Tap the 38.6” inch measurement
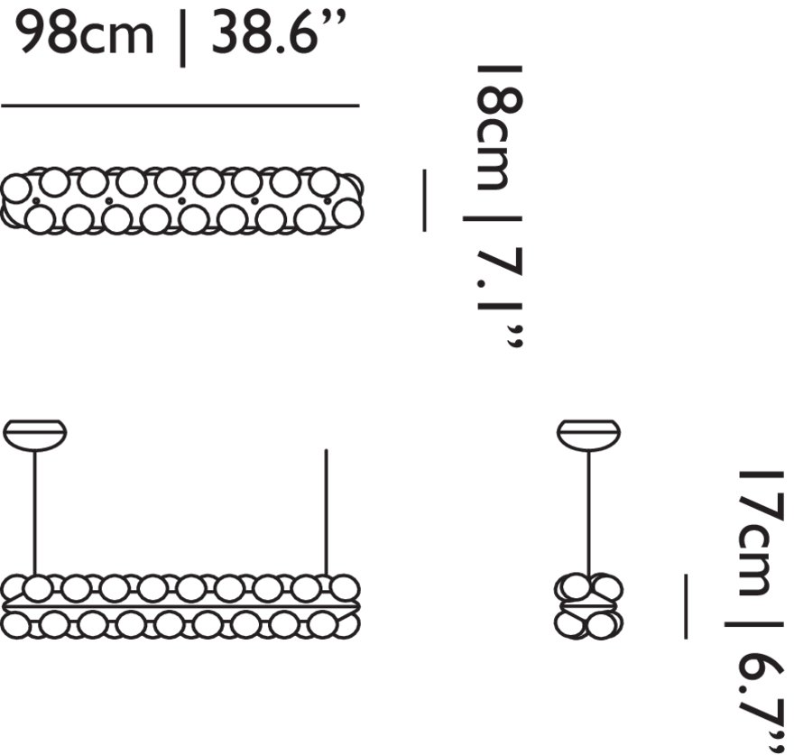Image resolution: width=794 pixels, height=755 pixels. (x=279, y=33)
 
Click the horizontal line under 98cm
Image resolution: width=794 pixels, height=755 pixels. (x=180, y=106)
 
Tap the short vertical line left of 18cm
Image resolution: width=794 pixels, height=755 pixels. (x=424, y=200)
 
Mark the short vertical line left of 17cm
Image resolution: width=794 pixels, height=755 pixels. (x=686, y=606)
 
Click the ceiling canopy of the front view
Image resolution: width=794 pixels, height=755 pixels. (x=35, y=435)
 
